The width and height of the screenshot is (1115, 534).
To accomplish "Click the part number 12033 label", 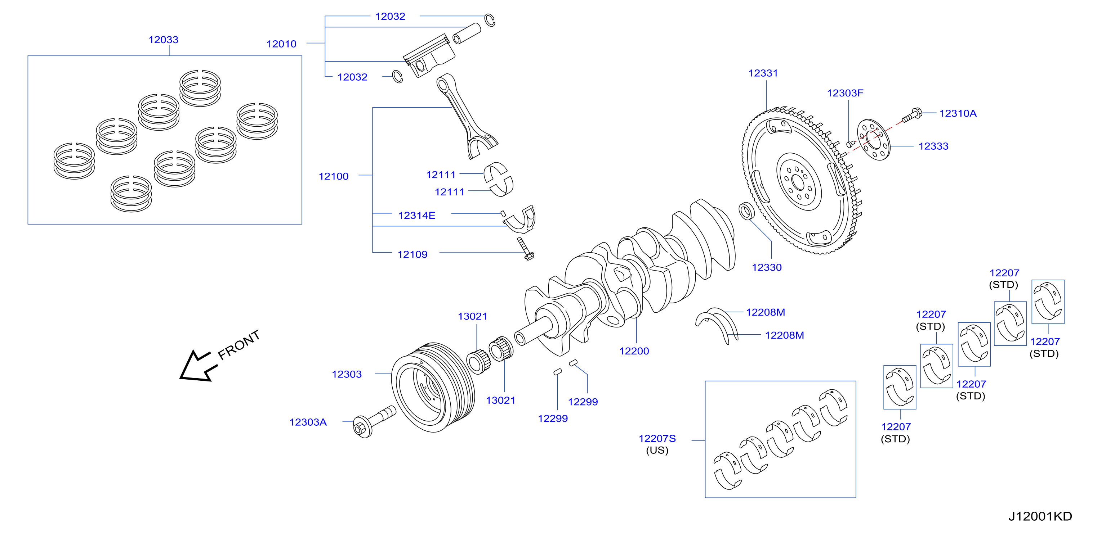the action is pyautogui.click(x=163, y=40).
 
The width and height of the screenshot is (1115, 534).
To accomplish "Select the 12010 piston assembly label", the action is pyautogui.click(x=281, y=44).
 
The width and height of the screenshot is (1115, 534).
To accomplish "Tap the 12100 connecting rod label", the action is pyautogui.click(x=333, y=176).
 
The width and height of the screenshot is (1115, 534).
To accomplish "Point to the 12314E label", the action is pyautogui.click(x=416, y=215).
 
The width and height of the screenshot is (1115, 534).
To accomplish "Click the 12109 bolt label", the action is pyautogui.click(x=412, y=255).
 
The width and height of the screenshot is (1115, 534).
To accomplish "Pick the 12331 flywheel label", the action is pyautogui.click(x=763, y=73).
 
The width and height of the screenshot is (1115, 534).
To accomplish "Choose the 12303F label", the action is pyautogui.click(x=845, y=94).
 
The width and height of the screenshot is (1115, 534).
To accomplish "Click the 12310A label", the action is pyautogui.click(x=958, y=114).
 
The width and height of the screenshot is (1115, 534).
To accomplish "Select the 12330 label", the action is pyautogui.click(x=767, y=268).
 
